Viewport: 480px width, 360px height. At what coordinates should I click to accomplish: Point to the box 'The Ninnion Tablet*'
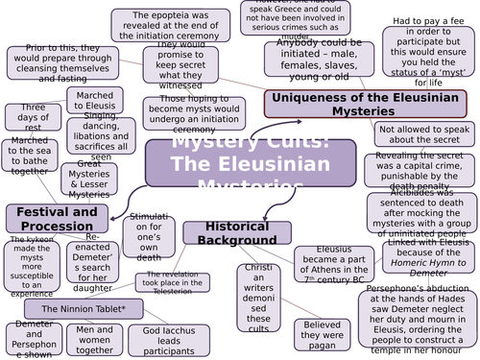[x=77, y=310]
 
